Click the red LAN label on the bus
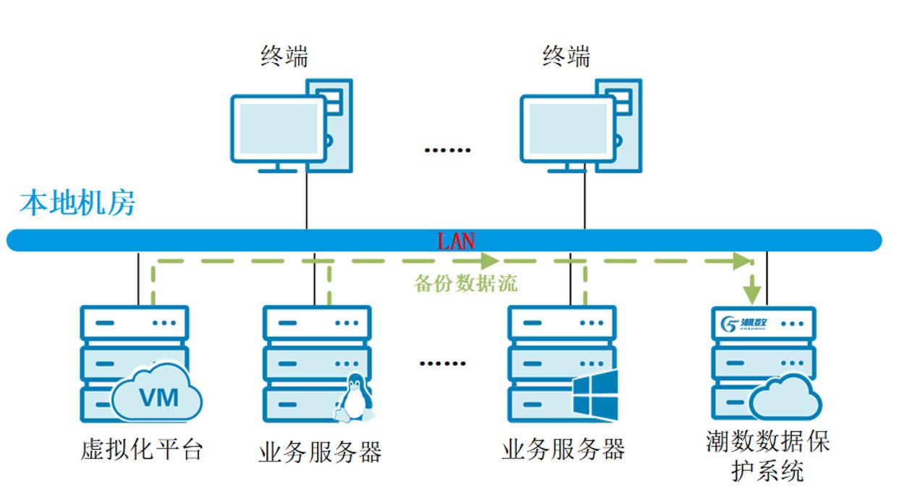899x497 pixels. tap(456, 240)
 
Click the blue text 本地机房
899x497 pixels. tap(77, 203)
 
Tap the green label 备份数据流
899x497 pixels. tap(465, 284)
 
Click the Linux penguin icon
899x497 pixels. tap(354, 399)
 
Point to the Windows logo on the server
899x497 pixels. tap(596, 395)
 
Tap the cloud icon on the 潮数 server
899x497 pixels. tap(785, 398)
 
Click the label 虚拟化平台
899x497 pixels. tap(141, 450)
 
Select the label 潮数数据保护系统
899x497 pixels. tap(768, 456)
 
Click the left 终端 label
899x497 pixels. tap(284, 56)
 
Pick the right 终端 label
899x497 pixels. tap(566, 56)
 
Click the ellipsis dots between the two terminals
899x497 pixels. tap(447, 150)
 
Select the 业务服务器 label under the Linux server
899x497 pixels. tap(320, 452)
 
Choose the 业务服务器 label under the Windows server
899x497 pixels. tap(563, 450)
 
